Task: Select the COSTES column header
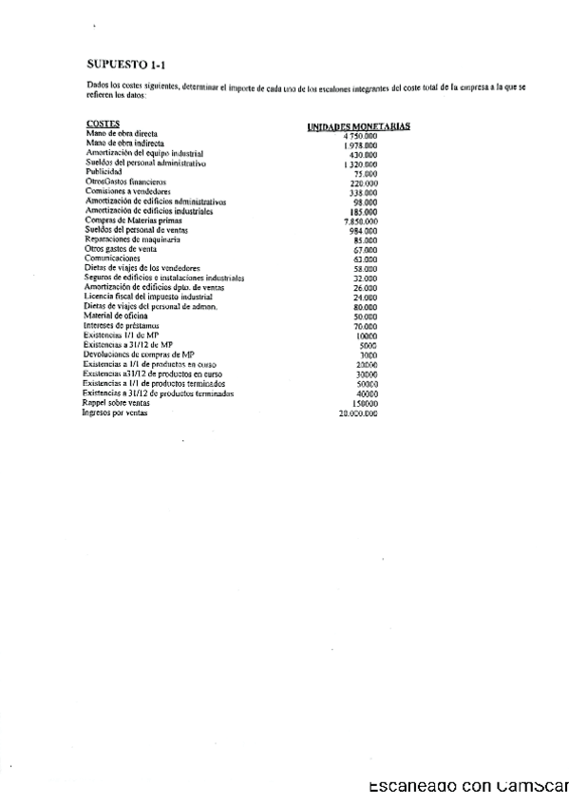coord(102,125)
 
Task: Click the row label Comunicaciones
coord(112,259)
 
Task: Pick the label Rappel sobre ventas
coord(117,403)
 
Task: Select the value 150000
coord(362,404)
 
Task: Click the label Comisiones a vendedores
coord(127,191)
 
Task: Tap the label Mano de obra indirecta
coord(124,144)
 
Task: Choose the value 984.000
coord(363,231)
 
